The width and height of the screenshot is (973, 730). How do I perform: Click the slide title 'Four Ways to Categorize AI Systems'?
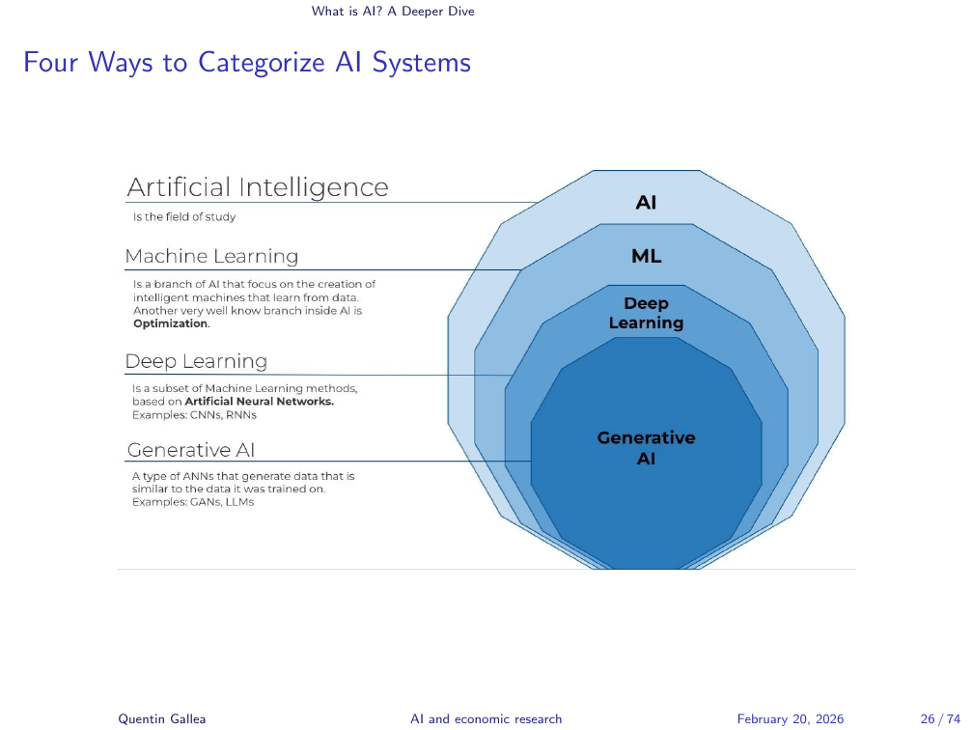[247, 63]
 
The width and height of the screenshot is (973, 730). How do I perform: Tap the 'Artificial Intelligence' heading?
[258, 187]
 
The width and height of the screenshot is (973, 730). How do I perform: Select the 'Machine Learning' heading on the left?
[211, 257]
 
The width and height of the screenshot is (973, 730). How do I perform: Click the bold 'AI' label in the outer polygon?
[646, 203]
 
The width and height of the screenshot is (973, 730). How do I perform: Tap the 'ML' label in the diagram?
[646, 257]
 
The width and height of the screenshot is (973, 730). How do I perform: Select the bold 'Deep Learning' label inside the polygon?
[646, 314]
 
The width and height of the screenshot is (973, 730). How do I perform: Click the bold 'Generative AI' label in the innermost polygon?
[646, 448]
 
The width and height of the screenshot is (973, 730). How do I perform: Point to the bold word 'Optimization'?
[171, 324]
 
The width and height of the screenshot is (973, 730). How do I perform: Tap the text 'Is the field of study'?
[184, 217]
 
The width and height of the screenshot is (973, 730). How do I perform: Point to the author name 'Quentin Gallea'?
[149, 718]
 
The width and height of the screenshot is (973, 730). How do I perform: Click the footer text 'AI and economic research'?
[486, 718]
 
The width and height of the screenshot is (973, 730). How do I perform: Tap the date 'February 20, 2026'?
[791, 718]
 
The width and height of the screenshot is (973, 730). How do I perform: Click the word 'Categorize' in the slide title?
[255, 63]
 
